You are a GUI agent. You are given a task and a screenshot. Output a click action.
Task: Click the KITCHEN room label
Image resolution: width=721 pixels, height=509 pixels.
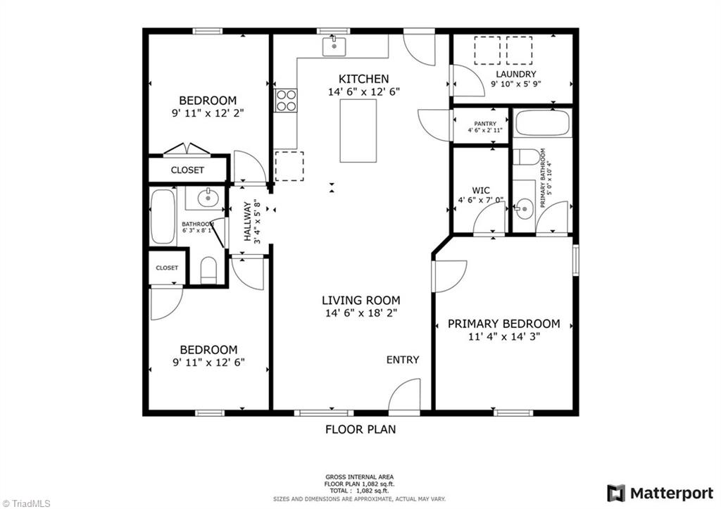point(363,79)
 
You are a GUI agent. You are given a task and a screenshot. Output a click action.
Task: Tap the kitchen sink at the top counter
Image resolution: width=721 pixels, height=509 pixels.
point(334,46)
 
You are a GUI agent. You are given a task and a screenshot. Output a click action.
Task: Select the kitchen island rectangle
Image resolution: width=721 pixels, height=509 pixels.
point(358,131)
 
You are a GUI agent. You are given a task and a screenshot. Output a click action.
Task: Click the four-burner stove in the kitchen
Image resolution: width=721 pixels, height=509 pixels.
point(286,101)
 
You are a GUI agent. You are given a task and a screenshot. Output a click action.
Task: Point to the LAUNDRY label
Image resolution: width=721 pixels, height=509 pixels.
point(515,74)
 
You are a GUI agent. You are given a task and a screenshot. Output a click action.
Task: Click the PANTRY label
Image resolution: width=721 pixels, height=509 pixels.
point(480,124)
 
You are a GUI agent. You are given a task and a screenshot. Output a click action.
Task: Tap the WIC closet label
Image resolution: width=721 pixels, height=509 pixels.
point(481,189)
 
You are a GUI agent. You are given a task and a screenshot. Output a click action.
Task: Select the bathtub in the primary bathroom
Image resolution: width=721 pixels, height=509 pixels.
point(543,124)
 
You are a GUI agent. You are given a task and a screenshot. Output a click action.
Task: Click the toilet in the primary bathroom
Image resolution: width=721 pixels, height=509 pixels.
point(524,157)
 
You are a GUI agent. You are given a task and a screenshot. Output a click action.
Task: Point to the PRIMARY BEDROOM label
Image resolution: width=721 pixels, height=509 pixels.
point(504,324)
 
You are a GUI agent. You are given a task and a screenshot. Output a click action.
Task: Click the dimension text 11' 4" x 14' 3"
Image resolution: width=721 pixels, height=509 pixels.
point(504,337)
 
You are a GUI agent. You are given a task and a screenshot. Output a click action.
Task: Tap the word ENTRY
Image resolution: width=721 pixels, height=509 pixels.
point(403,360)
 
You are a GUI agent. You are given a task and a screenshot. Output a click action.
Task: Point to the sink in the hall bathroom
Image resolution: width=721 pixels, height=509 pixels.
point(208,199)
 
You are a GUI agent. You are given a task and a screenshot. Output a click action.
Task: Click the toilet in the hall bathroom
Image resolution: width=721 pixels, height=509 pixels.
point(208,271)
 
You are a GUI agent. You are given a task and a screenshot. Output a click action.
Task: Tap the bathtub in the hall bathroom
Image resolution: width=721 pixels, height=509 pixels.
point(163,216)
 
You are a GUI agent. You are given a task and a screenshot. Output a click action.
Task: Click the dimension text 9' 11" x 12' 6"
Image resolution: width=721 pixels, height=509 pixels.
point(208,363)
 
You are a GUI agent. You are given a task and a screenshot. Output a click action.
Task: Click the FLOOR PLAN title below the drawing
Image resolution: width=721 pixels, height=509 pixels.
point(360,429)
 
